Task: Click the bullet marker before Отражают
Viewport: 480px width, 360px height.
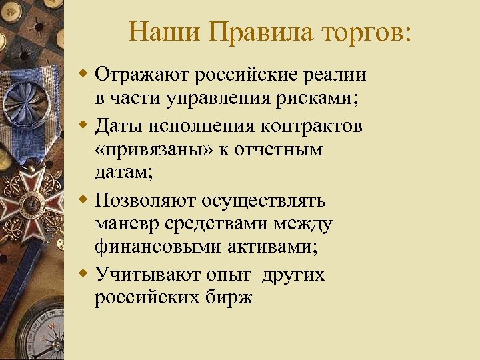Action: (x=83, y=72)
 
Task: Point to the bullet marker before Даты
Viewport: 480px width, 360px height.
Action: (x=83, y=126)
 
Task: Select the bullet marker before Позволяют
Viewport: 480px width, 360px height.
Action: (x=83, y=200)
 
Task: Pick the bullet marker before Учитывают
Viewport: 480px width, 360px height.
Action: (x=83, y=274)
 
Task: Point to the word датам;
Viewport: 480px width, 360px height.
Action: (x=124, y=173)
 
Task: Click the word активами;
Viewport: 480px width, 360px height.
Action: (x=275, y=247)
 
